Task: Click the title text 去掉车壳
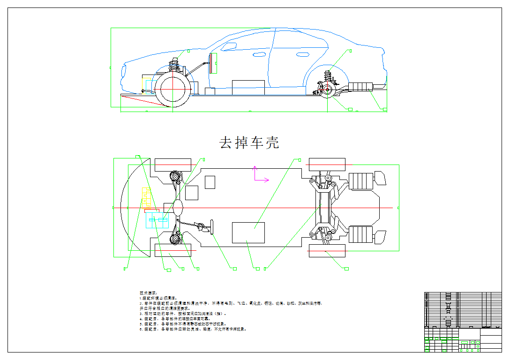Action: click(x=249, y=142)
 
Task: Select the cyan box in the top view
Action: click(x=157, y=220)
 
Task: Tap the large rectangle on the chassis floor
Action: click(x=248, y=232)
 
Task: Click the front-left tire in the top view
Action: click(x=173, y=165)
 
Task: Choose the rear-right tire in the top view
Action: click(x=327, y=251)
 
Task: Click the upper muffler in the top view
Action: click(x=361, y=181)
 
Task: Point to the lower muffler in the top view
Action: click(x=361, y=234)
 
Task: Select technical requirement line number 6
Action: click(x=192, y=329)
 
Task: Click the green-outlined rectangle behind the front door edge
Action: click(x=213, y=63)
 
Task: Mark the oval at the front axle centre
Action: click(x=178, y=207)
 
